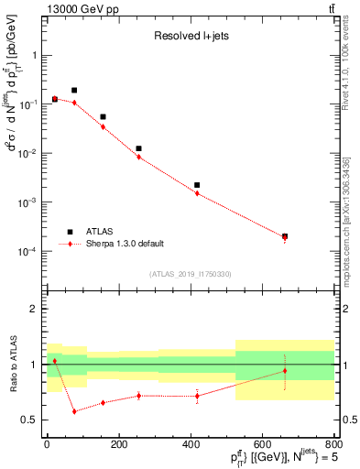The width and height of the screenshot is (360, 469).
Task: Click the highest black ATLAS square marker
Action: (x=74, y=91)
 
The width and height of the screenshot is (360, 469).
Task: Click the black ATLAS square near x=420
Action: (x=197, y=185)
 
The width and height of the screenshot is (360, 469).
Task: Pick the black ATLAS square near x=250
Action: (x=138, y=148)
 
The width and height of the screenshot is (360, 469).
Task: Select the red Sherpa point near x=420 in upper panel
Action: (x=197, y=193)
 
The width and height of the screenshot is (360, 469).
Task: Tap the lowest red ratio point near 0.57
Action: (x=74, y=411)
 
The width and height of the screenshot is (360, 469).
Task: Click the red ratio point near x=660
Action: (x=285, y=371)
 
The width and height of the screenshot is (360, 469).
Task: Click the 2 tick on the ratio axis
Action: (x=36, y=310)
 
